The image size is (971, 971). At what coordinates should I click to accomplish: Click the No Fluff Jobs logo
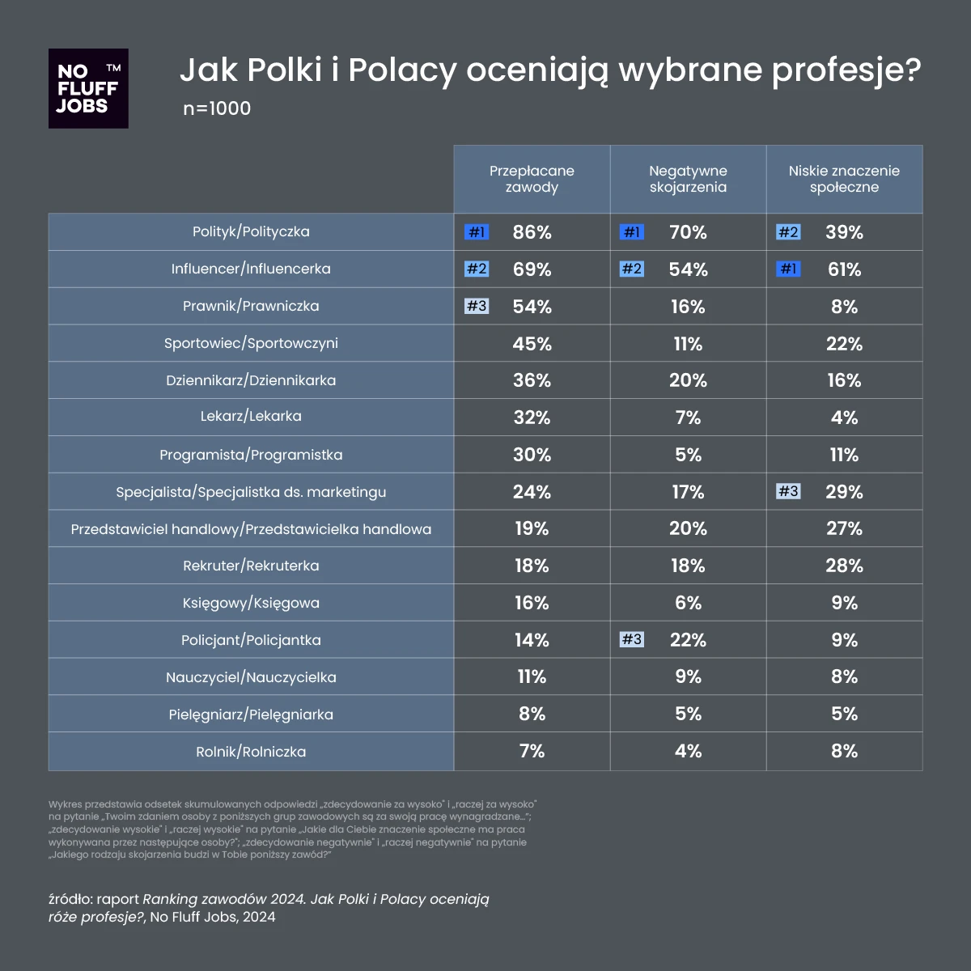click(88, 88)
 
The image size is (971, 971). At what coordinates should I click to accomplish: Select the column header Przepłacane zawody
click(532, 179)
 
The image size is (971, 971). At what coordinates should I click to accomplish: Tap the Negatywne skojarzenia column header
click(688, 179)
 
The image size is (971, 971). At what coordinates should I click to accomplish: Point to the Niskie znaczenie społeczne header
click(844, 179)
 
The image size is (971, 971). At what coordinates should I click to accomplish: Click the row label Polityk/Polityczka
click(251, 231)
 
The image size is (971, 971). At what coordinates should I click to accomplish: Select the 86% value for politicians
click(532, 232)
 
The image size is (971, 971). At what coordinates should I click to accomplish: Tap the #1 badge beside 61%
click(788, 269)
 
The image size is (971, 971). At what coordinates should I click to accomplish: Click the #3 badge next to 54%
click(477, 307)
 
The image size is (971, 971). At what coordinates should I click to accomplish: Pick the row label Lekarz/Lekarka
click(251, 417)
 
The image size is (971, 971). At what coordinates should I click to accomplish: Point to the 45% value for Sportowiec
click(532, 344)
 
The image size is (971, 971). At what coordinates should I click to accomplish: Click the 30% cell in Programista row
click(532, 455)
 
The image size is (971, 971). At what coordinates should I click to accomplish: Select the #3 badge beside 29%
click(788, 492)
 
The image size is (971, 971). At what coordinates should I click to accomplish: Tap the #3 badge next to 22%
click(632, 640)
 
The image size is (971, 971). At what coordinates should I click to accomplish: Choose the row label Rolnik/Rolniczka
click(251, 752)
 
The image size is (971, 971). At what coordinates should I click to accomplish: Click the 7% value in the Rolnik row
click(532, 751)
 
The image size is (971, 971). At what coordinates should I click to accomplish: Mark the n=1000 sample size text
click(217, 108)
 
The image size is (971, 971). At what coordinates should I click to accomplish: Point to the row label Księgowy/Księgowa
click(251, 603)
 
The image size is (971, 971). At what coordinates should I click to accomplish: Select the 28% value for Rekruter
click(844, 566)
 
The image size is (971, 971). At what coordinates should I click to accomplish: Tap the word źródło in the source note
click(70, 900)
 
